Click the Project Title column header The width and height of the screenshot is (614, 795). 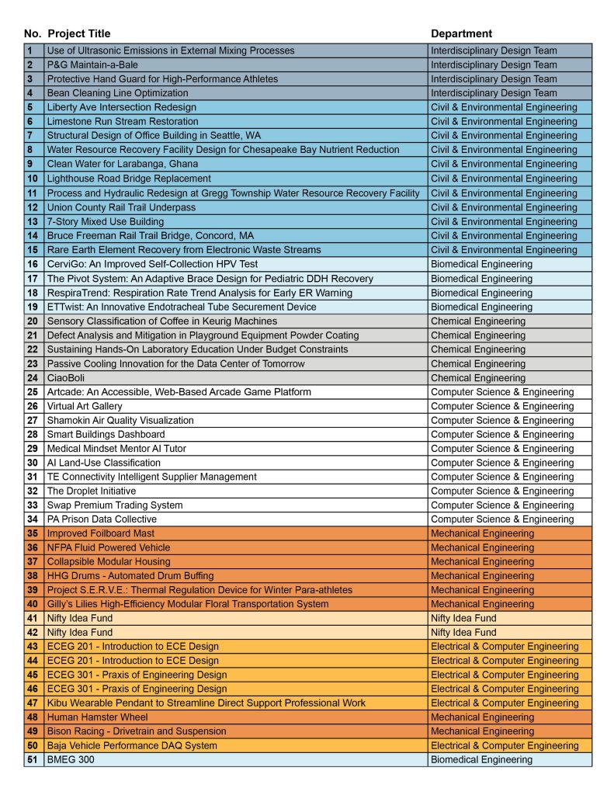click(78, 33)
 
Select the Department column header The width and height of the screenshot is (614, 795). click(461, 33)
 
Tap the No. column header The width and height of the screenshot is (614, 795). click(33, 33)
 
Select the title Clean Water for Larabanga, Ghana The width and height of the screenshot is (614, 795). click(122, 164)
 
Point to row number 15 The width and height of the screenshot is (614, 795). click(33, 250)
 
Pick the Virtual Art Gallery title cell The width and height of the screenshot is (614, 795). click(85, 406)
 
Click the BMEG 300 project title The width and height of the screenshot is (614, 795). click(71, 759)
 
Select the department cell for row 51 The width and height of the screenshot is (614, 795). click(481, 759)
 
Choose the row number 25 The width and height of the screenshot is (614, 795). click(33, 392)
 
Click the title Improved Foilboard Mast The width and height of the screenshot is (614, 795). click(101, 533)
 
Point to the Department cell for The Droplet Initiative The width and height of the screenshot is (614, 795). click(502, 491)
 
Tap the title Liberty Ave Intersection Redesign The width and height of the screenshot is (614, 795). click(121, 107)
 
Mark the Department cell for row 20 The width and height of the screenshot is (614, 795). click(477, 321)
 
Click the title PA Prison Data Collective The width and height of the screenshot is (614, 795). click(102, 519)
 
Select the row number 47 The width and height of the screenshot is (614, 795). click(33, 703)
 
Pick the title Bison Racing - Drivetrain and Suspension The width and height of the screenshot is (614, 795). click(137, 731)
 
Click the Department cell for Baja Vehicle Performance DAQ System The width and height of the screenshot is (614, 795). click(505, 745)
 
